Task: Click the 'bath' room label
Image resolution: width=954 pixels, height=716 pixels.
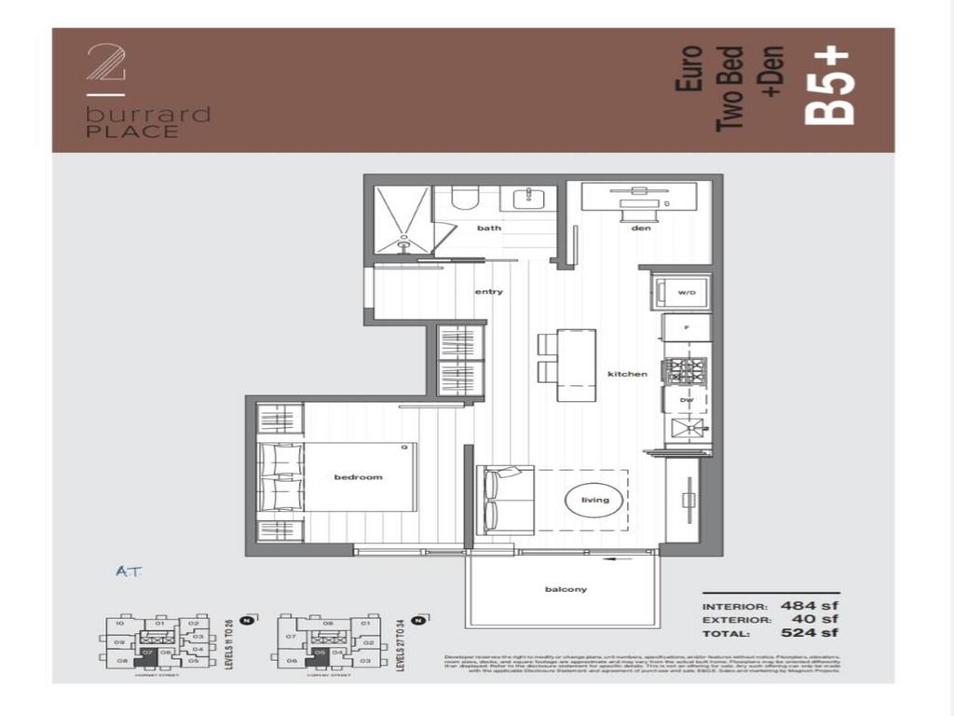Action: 489,227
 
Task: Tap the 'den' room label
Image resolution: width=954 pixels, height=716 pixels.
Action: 640,227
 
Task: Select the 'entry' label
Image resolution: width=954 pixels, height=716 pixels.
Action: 488,292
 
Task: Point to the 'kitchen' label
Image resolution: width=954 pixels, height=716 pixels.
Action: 627,374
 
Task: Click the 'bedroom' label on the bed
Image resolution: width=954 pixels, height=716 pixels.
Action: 359,477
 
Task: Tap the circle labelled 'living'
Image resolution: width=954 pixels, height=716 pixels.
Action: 594,500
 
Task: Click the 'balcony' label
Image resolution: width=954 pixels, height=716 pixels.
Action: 566,589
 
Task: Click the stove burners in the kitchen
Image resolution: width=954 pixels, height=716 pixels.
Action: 686,371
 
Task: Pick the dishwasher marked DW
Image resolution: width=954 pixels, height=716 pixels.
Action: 686,399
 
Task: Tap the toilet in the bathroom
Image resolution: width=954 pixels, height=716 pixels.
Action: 463,198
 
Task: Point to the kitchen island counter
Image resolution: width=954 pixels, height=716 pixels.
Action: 577,365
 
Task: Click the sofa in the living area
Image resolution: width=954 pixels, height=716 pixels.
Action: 505,500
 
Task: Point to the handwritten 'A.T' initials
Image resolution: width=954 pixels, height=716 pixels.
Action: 129,571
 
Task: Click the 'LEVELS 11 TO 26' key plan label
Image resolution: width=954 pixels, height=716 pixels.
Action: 228,643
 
